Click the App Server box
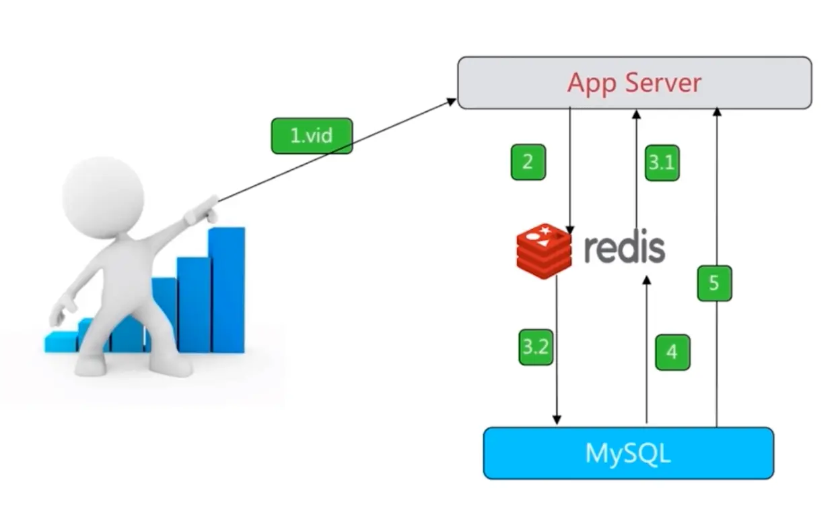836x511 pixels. click(635, 83)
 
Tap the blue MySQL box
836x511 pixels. click(629, 453)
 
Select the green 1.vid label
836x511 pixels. click(312, 136)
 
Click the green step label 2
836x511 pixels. click(528, 162)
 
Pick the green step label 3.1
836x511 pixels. click(662, 162)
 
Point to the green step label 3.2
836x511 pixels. click(536, 347)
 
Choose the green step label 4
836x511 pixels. click(672, 353)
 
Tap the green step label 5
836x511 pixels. click(714, 283)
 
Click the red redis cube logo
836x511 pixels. click(544, 251)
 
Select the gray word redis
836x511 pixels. click(625, 249)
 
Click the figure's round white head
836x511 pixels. click(103, 196)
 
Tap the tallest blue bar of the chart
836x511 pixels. click(227, 290)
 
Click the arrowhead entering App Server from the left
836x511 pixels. click(452, 101)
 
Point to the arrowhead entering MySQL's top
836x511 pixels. click(557, 420)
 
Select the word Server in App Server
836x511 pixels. click(663, 83)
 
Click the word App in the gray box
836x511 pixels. click(592, 84)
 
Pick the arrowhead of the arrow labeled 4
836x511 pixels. click(647, 280)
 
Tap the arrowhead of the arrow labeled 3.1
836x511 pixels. click(637, 114)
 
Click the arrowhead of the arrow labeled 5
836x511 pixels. click(717, 112)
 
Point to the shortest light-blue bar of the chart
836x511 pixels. click(61, 342)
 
